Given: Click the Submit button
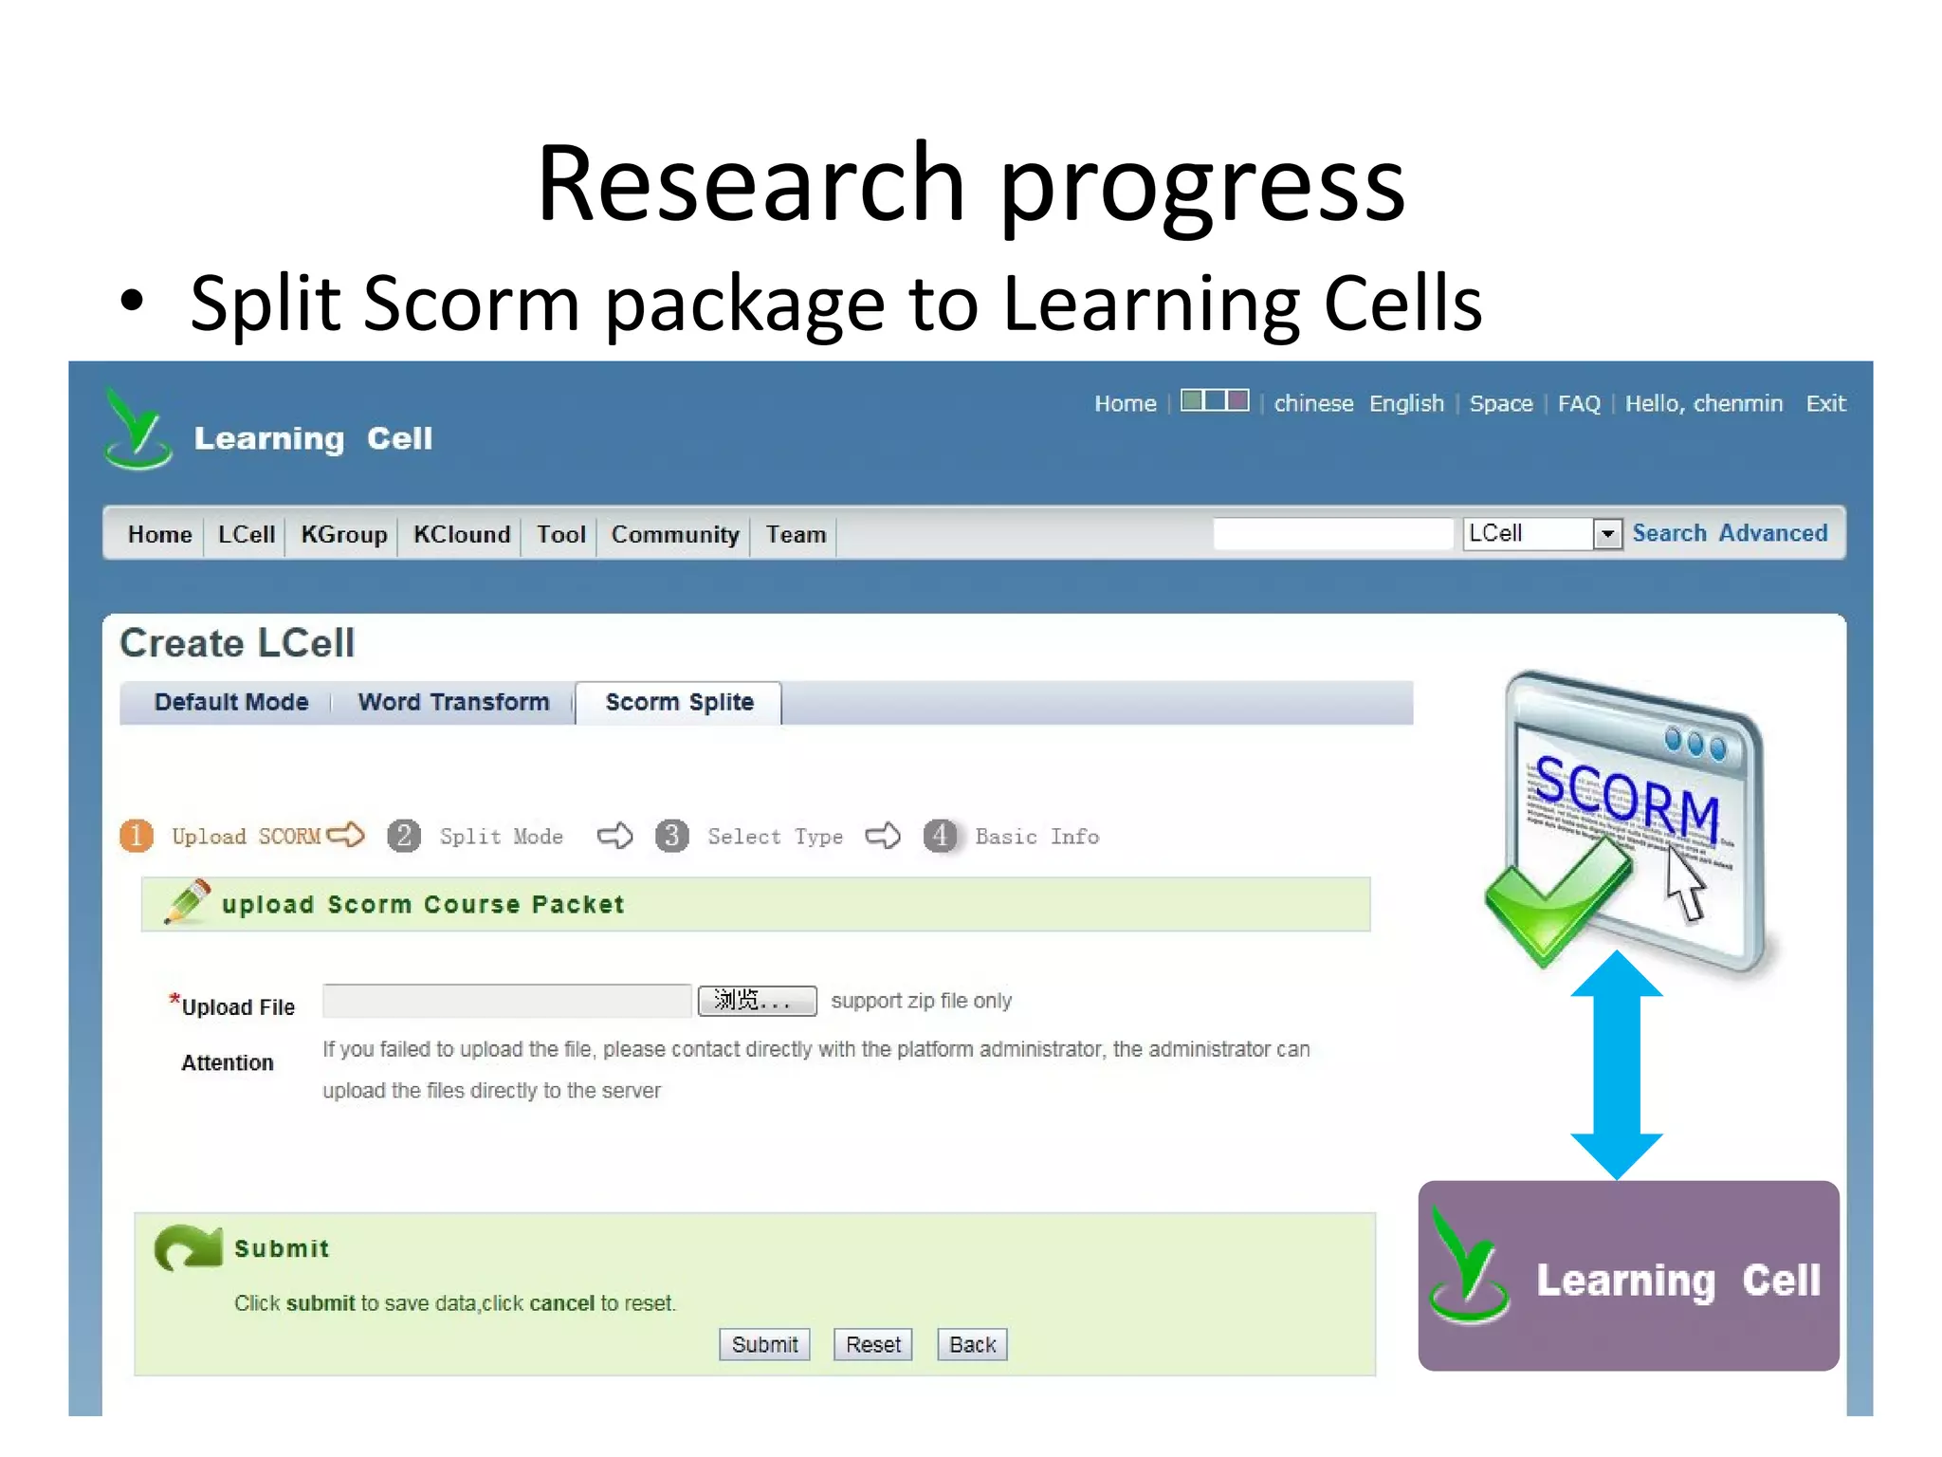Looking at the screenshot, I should [x=764, y=1344].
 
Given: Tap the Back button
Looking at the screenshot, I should [x=972, y=1344].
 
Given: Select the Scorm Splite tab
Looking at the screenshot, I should [x=679, y=702].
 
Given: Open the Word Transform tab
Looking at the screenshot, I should [x=453, y=702].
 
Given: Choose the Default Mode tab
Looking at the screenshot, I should [x=231, y=702].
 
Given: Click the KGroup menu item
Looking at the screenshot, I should [x=343, y=534].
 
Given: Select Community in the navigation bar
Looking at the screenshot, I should [x=674, y=534].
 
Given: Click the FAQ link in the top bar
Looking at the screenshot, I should [x=1578, y=403].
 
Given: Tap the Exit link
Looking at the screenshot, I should [x=1825, y=403].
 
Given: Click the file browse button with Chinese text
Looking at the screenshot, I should [x=757, y=1001].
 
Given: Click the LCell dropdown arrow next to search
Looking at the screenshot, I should [x=1606, y=534].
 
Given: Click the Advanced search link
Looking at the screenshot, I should [x=1772, y=533].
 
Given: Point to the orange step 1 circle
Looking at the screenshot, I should [x=137, y=836].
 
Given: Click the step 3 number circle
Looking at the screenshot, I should [x=672, y=836].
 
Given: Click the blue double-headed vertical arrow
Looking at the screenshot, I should [x=1616, y=1064].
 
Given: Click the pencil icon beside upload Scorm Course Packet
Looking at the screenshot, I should [x=187, y=902].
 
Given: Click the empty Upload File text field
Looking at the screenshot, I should [x=506, y=1001].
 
